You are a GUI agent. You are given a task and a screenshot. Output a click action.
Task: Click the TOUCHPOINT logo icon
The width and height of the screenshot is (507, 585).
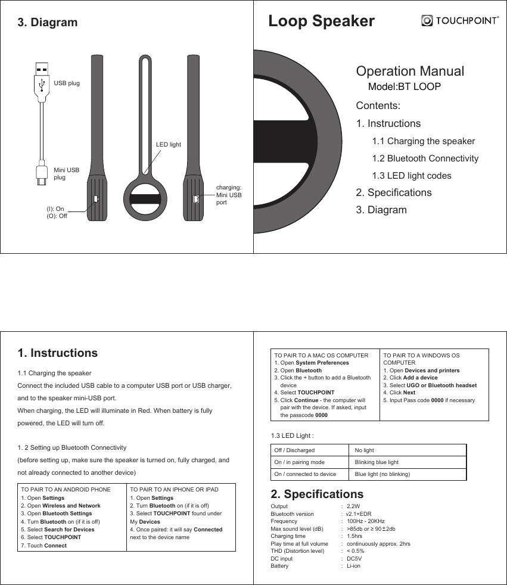[427, 21]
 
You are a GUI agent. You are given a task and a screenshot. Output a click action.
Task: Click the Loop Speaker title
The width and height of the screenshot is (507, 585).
[321, 21]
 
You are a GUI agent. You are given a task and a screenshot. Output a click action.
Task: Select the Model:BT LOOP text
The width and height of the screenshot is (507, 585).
[405, 87]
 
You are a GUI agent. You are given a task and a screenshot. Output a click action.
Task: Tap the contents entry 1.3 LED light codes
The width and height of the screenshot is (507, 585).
[412, 176]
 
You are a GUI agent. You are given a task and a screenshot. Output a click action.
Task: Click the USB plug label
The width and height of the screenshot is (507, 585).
[67, 83]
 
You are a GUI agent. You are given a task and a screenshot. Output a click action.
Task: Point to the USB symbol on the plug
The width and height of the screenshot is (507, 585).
[42, 85]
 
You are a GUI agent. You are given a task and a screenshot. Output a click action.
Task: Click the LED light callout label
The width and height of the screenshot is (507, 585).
[168, 145]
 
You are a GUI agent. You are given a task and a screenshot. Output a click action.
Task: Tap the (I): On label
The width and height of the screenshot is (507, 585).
[55, 209]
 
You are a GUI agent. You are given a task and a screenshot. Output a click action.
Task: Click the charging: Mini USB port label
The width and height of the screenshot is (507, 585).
[228, 195]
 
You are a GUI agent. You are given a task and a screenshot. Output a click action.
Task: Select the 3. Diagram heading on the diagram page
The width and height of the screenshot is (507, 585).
[48, 23]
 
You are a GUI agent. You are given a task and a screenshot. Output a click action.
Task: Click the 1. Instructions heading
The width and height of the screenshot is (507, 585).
[58, 353]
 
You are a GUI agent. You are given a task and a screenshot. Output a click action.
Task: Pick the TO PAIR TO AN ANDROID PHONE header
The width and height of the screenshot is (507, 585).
[66, 490]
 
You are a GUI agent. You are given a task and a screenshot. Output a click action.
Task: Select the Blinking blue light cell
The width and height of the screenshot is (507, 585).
[377, 462]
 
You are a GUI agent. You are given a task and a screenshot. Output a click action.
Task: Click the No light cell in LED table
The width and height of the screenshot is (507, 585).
[364, 450]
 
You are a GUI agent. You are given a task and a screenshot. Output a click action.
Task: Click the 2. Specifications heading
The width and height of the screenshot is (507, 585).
[316, 494]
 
